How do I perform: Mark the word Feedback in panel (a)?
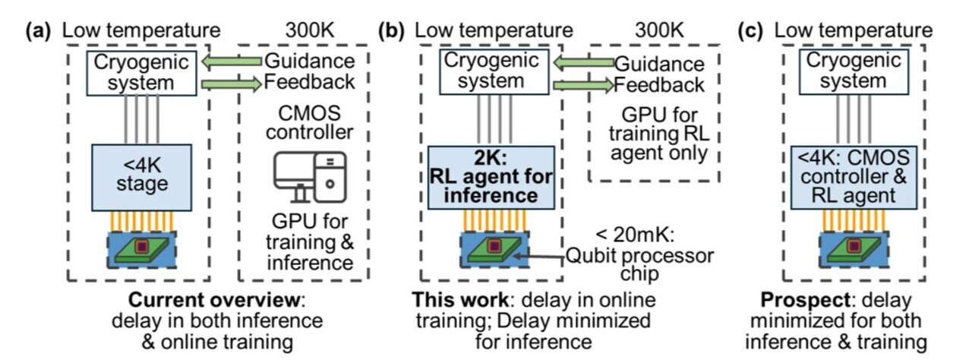[309, 82]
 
